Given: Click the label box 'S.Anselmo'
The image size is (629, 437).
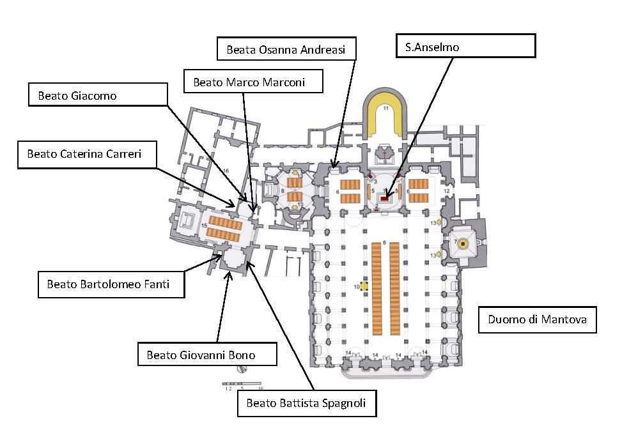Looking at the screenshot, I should (464, 46).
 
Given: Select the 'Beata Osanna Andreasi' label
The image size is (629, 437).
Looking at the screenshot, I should (286, 49).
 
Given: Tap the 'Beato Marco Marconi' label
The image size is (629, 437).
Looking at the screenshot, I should (253, 82).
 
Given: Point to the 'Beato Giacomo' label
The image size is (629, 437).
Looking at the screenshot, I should (98, 95).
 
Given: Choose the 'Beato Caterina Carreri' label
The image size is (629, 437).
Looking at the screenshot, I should (86, 154).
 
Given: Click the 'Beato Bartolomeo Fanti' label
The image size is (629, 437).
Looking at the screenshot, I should (111, 284).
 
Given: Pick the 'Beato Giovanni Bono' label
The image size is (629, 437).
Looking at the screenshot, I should (207, 355).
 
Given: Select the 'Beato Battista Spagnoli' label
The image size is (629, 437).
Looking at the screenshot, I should (306, 403).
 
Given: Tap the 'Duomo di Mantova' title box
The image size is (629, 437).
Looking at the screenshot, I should (537, 319).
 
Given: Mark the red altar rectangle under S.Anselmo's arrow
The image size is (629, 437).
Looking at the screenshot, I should (385, 199).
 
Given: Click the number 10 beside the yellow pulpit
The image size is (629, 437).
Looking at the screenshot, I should (357, 286).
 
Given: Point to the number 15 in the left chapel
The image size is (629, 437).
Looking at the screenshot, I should (204, 225).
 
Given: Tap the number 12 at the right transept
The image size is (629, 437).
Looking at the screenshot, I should (447, 190).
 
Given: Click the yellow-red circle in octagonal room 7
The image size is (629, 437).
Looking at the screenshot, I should (463, 243).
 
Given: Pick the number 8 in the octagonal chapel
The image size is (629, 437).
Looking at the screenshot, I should (282, 190).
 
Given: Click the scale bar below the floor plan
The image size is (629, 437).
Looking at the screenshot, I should (244, 385).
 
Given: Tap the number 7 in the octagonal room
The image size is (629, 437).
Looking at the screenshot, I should (454, 243).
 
